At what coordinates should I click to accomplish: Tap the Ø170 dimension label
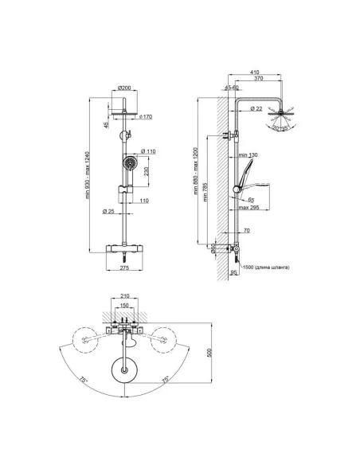(146, 117)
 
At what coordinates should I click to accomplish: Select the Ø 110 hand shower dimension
(147, 151)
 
